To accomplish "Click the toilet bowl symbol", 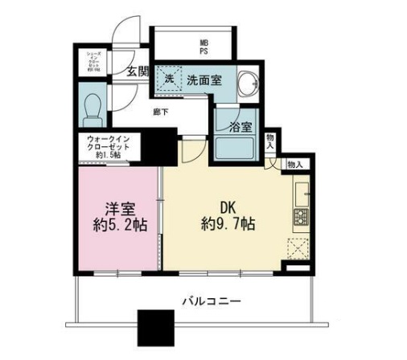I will (x=92, y=105).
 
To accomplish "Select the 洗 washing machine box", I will (x=169, y=80).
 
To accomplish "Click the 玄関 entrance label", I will (x=136, y=72).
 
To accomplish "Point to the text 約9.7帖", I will (x=229, y=225).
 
